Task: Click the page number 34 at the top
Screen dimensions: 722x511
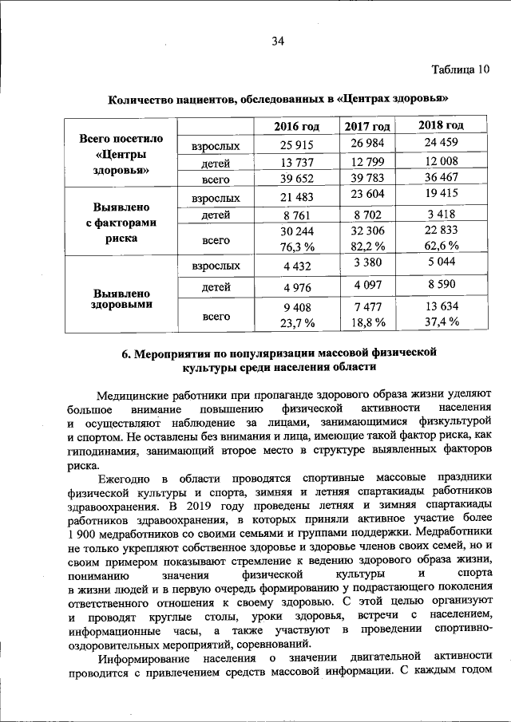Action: pos(278,41)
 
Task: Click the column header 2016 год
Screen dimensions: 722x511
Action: pos(296,127)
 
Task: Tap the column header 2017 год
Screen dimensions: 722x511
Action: pos(367,128)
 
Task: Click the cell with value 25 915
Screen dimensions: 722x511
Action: pos(296,145)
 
